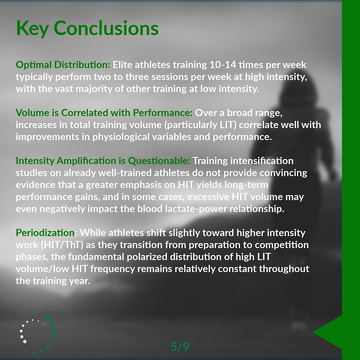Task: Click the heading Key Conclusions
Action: click(87, 28)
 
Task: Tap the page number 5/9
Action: click(180, 346)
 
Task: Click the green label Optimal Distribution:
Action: click(63, 65)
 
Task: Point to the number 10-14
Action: click(223, 65)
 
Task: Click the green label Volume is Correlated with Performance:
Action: click(104, 113)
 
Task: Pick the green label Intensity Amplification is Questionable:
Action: click(103, 161)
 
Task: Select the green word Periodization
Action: click(45, 233)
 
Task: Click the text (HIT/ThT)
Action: click(62, 245)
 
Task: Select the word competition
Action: click(282, 245)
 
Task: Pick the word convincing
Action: click(283, 173)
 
